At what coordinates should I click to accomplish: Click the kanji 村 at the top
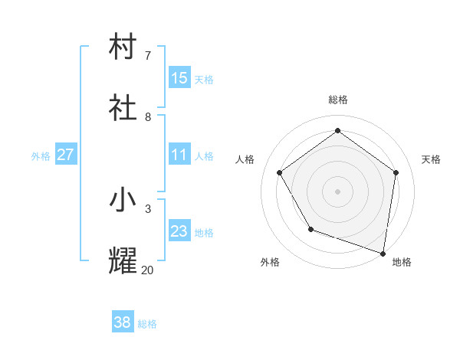123,46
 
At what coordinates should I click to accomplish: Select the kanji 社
123,108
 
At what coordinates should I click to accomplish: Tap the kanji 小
123,200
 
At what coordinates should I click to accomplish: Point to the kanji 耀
123,261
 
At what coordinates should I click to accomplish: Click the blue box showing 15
179,77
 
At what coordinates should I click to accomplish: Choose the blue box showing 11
179,155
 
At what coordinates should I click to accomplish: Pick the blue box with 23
179,231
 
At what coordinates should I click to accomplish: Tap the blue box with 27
65,155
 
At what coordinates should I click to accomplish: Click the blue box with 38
123,322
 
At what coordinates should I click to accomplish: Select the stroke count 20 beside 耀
147,270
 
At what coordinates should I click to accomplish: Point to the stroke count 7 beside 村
148,55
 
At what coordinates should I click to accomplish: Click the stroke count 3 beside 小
148,208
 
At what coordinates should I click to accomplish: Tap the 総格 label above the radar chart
338,100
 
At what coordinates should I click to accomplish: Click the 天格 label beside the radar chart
432,159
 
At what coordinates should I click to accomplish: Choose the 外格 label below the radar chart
270,262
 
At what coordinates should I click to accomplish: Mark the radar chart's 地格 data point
383,253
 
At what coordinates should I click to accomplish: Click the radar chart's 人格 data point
279,172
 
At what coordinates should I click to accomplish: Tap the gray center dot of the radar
338,191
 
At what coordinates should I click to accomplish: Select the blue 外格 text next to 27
41,155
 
